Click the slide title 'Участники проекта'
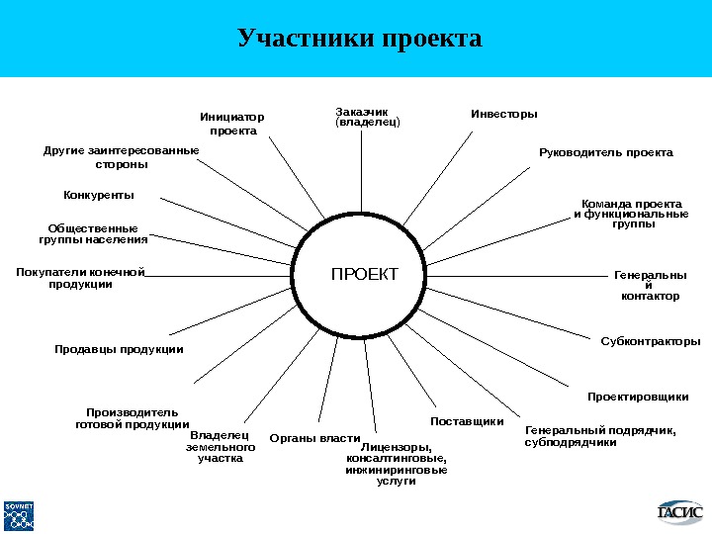point(360,39)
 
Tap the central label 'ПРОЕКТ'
point(364,274)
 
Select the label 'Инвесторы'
point(504,114)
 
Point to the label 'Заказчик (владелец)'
point(368,118)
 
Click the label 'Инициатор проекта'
point(233,124)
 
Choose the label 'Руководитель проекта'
point(605,153)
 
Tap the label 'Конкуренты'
point(99,195)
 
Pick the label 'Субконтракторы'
point(651,341)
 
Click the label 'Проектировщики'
point(638,397)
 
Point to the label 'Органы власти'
point(314,438)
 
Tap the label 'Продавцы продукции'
point(119,349)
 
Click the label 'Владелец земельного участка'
point(221,446)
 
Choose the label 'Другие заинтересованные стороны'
point(121,157)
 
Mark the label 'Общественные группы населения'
point(93,233)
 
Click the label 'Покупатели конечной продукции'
point(81,278)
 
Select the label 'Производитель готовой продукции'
point(132,418)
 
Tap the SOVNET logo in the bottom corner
point(20,513)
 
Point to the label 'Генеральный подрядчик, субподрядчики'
point(599,436)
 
